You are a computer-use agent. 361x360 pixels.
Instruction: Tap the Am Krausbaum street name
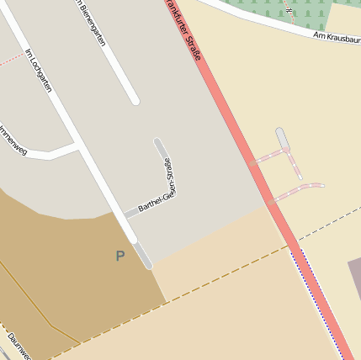[x=337, y=37]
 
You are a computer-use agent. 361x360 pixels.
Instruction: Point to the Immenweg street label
[x=12, y=140]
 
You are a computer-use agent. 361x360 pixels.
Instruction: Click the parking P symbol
[x=120, y=255]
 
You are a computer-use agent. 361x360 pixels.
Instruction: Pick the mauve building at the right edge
[x=353, y=286]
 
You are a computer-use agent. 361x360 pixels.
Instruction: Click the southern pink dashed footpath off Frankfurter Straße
[x=299, y=191]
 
